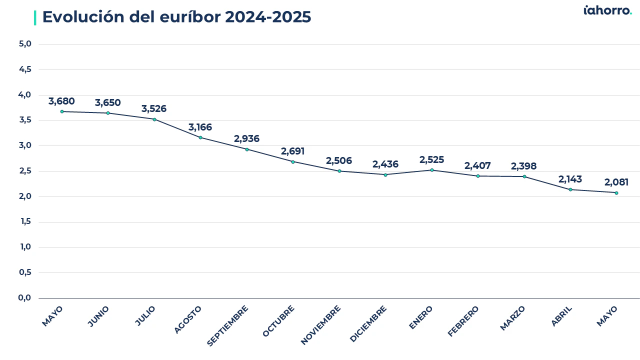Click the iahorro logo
[x=607, y=10]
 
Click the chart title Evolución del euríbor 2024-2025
[x=176, y=17]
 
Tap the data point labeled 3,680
[x=62, y=111]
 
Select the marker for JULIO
[x=154, y=119]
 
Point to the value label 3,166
[x=200, y=127]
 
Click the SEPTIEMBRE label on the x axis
[x=227, y=325]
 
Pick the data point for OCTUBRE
[x=293, y=162]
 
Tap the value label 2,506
[x=339, y=160]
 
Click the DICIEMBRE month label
[x=368, y=323]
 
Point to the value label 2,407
[x=477, y=165]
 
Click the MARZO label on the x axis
[x=512, y=318]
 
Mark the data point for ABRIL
[x=570, y=189]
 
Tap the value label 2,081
[x=616, y=182]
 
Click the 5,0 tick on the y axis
[x=25, y=44]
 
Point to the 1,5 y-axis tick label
[x=25, y=221]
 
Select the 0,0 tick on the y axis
[x=24, y=297]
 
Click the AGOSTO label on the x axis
[x=187, y=319]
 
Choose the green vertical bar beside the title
[x=35, y=17]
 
